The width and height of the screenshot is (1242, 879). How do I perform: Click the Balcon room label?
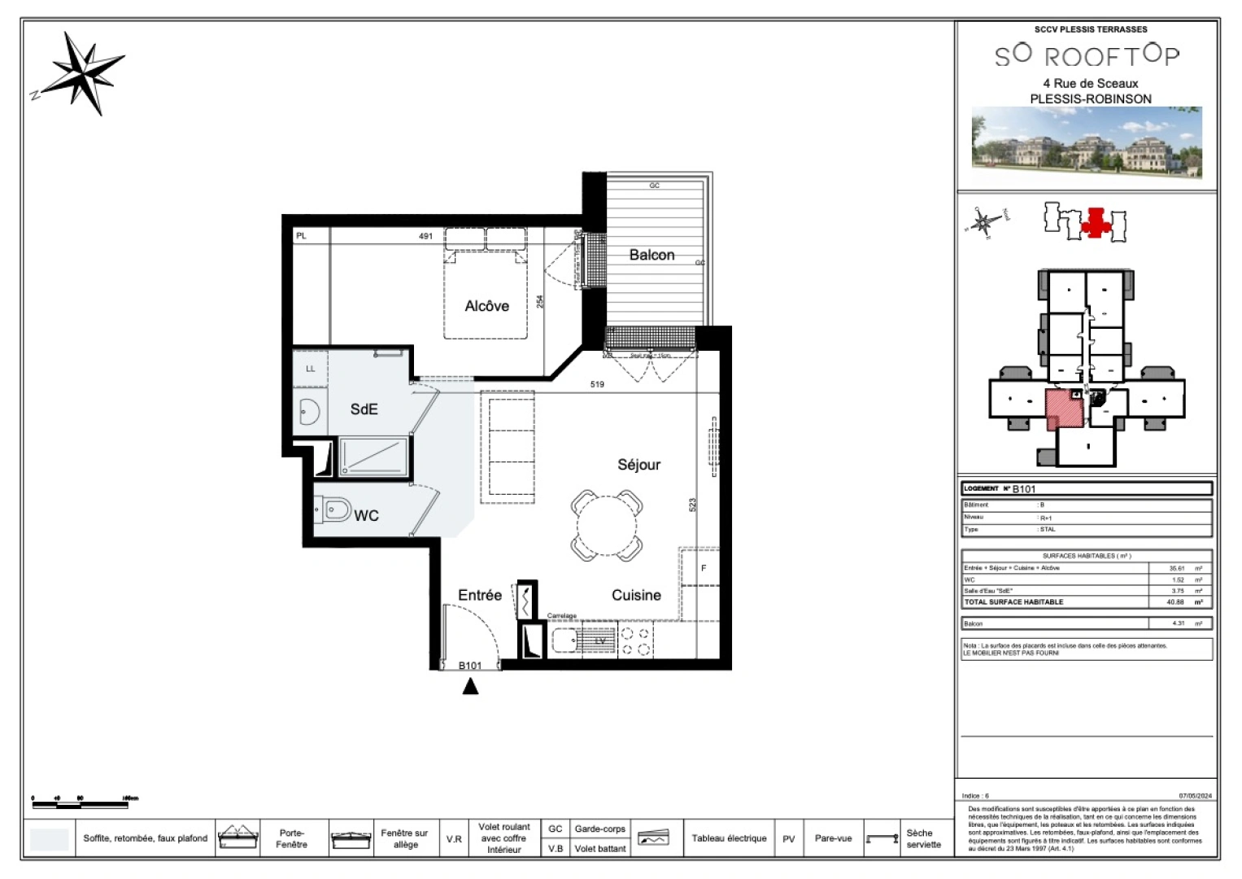point(652,255)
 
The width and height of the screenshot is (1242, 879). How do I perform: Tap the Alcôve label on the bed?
point(486,306)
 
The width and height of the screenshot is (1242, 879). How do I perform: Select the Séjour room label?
point(638,465)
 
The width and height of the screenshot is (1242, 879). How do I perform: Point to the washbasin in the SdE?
point(308,412)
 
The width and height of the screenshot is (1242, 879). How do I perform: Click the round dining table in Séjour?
point(607,526)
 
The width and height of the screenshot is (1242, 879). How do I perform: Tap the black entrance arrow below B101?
point(470,686)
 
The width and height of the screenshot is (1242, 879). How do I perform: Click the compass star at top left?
point(84,72)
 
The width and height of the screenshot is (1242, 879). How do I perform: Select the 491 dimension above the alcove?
point(425,236)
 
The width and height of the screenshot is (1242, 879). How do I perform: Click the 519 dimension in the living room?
point(597,384)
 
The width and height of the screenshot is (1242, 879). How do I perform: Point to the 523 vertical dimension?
point(692,505)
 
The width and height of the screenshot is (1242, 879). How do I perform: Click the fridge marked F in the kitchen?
point(703,567)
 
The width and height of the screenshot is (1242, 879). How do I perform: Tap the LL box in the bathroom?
point(310,369)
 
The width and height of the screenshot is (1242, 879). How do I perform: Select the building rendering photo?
point(1087,142)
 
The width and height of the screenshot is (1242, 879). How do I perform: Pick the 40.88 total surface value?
point(1175,602)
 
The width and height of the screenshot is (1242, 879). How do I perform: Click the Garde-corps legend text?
point(599,829)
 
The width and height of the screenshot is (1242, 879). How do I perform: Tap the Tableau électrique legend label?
point(729,838)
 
